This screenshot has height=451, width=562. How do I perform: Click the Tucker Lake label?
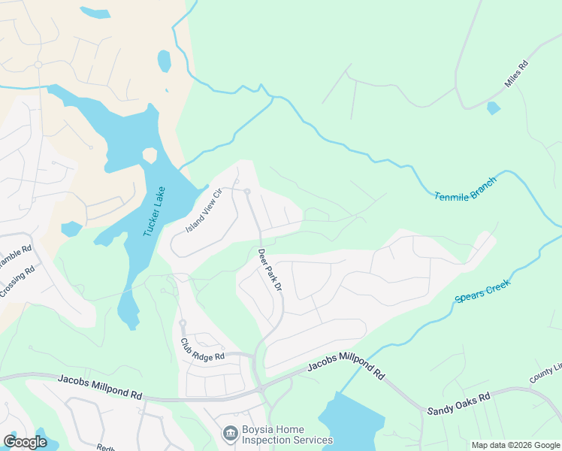(x=154, y=212)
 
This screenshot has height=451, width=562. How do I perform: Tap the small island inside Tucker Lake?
(x=150, y=156)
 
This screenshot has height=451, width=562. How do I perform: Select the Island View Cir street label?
(x=205, y=210)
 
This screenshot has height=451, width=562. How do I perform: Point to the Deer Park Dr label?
(x=268, y=270)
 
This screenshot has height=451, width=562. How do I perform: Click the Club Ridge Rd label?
(x=202, y=349)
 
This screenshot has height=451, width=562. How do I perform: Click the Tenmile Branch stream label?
(x=465, y=189)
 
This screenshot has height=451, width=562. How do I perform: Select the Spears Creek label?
(x=482, y=291)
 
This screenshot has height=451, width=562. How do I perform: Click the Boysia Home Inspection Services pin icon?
(x=230, y=434)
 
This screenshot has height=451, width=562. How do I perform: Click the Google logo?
(x=26, y=441)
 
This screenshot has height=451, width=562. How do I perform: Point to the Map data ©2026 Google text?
(x=515, y=445)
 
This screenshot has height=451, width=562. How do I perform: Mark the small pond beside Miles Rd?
(x=493, y=108)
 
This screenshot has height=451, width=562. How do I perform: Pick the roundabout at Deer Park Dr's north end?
(x=246, y=192)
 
